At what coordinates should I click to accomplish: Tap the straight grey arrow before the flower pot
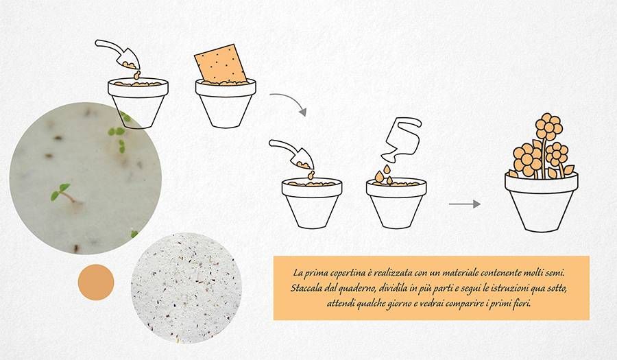coord(465,204)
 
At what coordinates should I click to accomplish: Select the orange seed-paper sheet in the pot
coord(221,64)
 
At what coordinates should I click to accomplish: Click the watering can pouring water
coord(401,140)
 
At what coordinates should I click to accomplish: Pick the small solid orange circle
coord(96,282)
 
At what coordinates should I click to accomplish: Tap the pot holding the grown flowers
coord(542,202)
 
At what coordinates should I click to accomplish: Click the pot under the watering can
coord(396,203)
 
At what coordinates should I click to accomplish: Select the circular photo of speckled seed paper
coord(186,287)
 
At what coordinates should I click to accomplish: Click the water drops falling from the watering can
coord(384,175)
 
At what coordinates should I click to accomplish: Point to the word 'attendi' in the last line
coord(340,303)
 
